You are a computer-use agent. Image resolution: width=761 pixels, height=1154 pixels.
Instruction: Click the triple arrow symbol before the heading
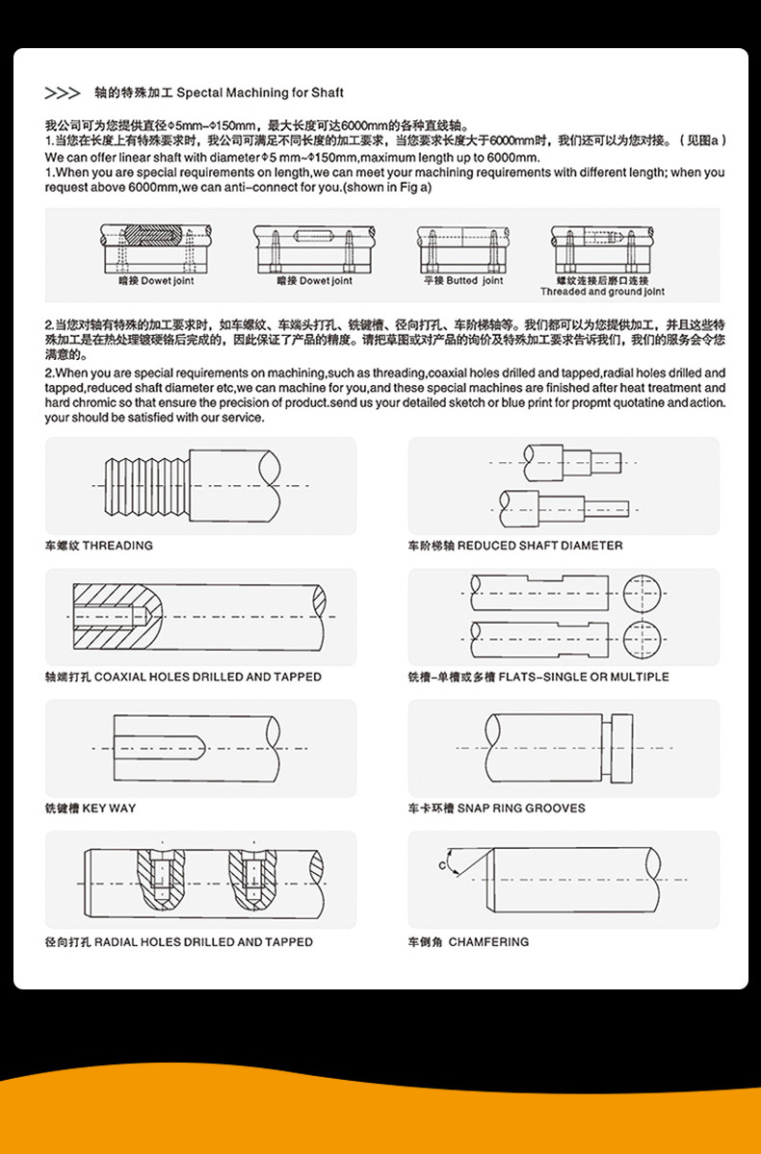[x=63, y=93]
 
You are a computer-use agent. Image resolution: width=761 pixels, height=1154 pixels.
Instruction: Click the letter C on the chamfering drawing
[x=443, y=866]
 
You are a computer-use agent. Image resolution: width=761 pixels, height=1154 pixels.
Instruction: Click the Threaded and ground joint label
[x=602, y=292]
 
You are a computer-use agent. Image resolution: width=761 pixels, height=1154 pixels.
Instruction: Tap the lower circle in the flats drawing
[x=644, y=638]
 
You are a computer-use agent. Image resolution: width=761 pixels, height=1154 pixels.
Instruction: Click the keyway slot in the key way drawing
[x=159, y=747]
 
